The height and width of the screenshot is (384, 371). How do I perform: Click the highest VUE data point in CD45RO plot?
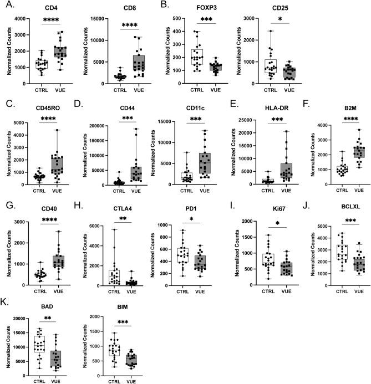(56, 130)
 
